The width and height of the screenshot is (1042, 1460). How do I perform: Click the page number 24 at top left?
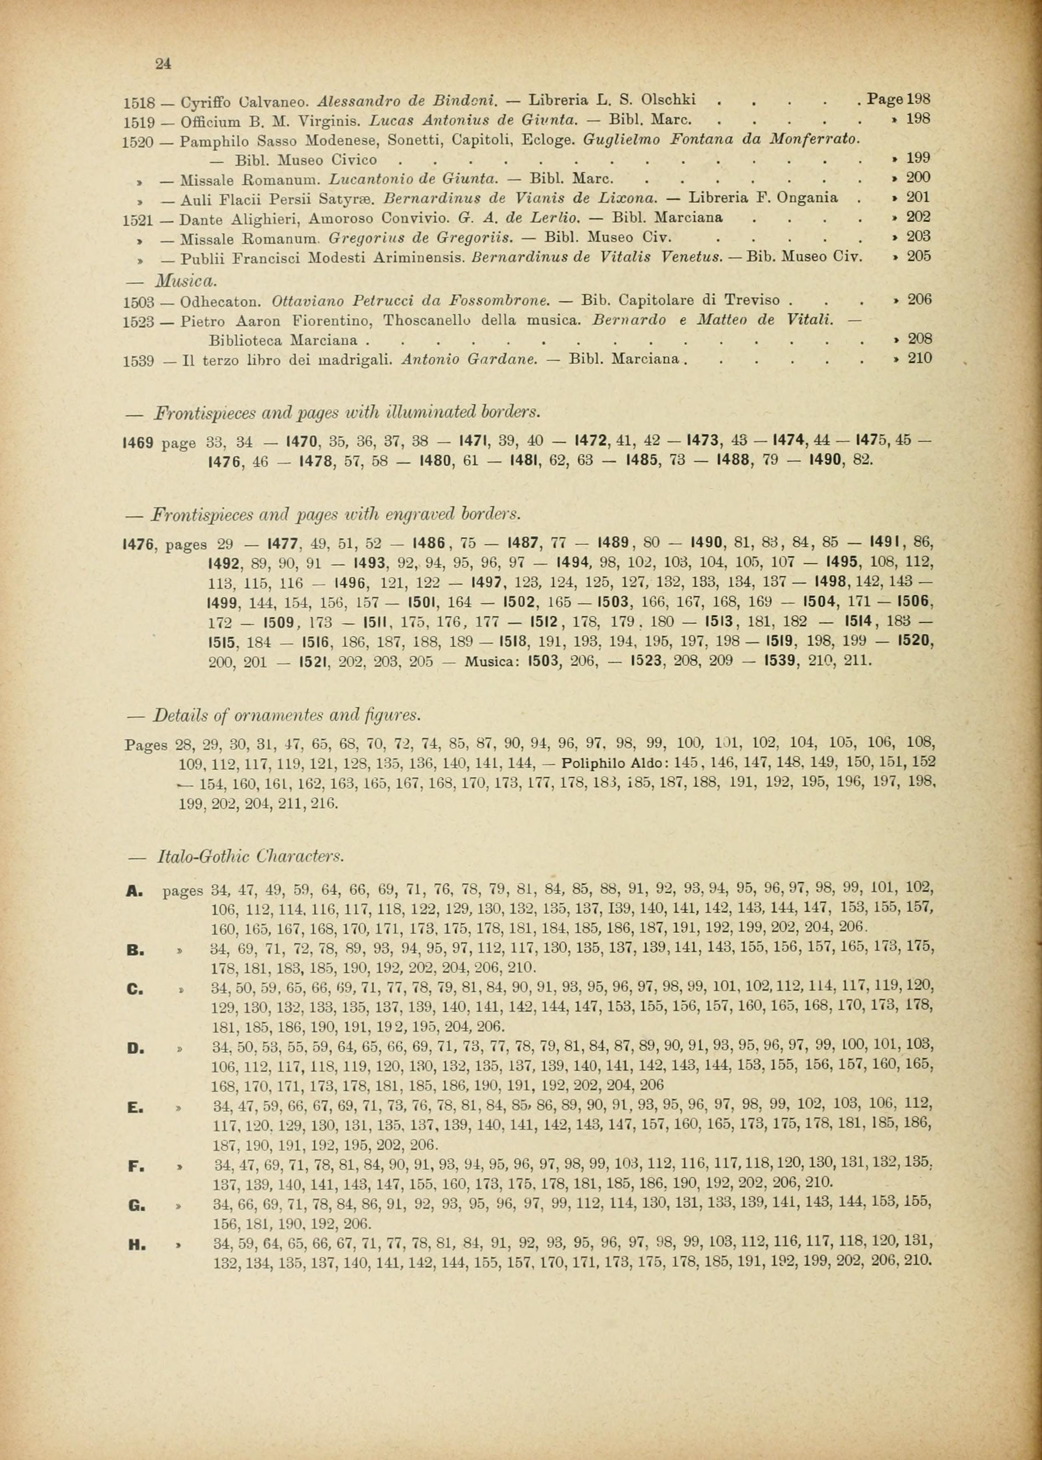[163, 63]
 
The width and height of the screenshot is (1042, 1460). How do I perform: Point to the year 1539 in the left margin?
[138, 360]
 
